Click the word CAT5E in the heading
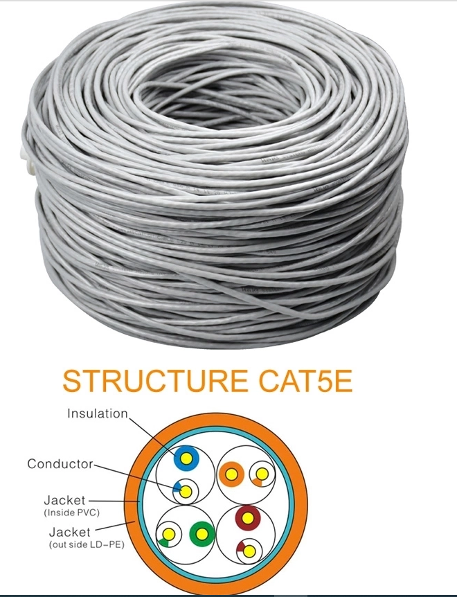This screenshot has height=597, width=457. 305,381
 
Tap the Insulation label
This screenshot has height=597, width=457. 98,413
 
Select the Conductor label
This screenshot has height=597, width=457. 60,464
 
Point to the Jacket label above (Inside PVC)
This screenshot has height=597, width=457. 64,500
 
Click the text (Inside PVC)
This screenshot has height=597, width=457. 72,513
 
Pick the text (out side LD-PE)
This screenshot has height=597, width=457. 87,544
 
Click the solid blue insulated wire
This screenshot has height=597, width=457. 186,458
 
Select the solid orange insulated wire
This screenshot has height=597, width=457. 231,474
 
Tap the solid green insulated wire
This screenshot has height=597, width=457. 202,534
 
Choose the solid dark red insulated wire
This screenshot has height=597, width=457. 248,518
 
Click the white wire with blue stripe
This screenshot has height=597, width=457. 186,491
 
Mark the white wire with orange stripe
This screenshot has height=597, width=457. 262,474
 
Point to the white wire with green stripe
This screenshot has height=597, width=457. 168,535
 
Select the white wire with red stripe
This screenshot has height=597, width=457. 249,551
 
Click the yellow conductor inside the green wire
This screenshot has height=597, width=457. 202,534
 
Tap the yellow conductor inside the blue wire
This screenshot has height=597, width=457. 186,458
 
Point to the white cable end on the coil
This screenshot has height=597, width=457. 26,160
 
